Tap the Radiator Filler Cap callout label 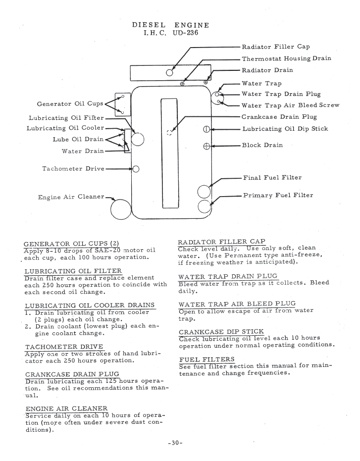click(x=275, y=47)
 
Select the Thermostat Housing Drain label click(x=286, y=58)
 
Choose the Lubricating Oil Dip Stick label click(x=285, y=129)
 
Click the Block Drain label click(x=262, y=146)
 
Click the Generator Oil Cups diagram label click(x=70, y=104)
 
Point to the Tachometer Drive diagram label click(x=73, y=169)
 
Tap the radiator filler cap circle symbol click(x=170, y=72)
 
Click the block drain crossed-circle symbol click(x=207, y=146)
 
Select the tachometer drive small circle click(x=136, y=169)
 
